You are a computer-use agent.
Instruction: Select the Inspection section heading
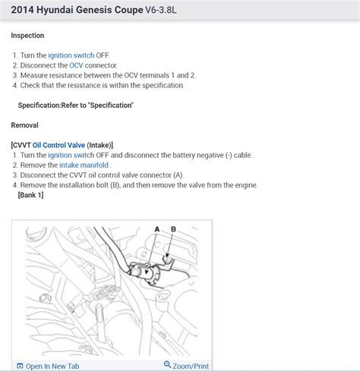tap(27, 36)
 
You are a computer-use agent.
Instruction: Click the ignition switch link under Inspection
tap(71, 55)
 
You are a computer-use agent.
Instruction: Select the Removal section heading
tap(24, 125)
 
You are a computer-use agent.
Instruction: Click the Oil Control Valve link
tap(58, 144)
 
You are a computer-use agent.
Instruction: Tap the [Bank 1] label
tap(30, 195)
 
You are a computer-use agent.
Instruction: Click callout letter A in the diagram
tap(156, 229)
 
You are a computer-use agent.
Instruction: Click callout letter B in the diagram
tap(173, 229)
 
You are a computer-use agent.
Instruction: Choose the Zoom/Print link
tap(191, 366)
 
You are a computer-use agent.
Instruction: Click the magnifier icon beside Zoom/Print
tap(167, 365)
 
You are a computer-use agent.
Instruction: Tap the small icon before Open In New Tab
tap(20, 366)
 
